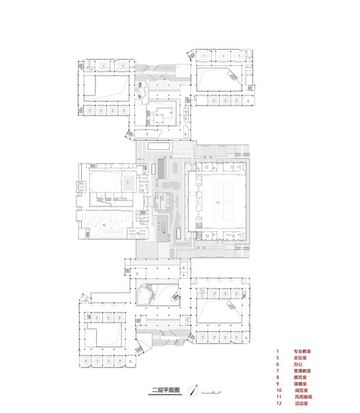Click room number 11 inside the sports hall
217,203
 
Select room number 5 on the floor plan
127,183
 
